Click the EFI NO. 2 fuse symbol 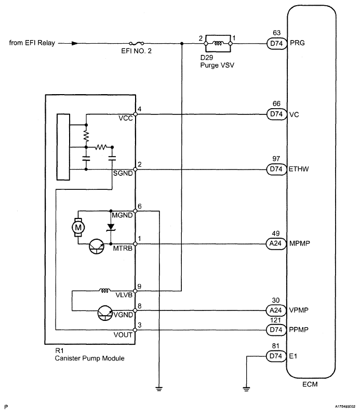click(136, 43)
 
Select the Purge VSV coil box click(218, 43)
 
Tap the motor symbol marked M click(78, 227)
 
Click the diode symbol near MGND click(111, 227)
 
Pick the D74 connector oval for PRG click(277, 44)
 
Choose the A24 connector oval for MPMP click(276, 243)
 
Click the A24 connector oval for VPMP click(276, 310)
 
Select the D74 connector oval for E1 click(276, 356)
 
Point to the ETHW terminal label click(299, 169)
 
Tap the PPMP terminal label click(299, 330)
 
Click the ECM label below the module click(310, 384)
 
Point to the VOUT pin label click(123, 335)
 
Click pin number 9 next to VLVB click(140, 287)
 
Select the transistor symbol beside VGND click(105, 313)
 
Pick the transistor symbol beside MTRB click(97, 247)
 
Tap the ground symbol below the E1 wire click(246, 389)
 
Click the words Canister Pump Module click(90, 358)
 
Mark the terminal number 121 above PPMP click(276, 320)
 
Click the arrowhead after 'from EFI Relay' click(75, 43)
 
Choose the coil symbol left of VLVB click(105, 291)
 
